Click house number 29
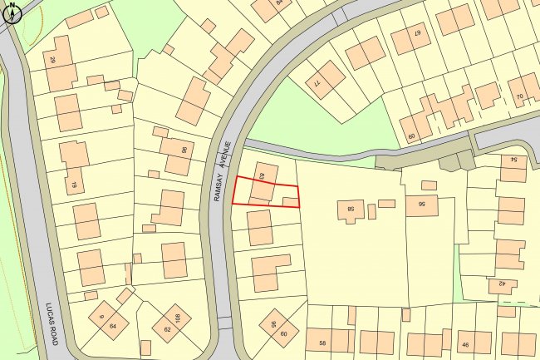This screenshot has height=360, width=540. [52, 61]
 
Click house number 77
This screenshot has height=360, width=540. [317, 83]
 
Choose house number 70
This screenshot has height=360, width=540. [519, 96]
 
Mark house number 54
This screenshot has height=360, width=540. [514, 158]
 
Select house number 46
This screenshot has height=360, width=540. [464, 345]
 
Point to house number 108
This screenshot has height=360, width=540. [176, 315]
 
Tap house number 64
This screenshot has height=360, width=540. [112, 326]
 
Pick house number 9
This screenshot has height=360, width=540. [101, 316]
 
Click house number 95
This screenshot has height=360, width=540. [272, 325]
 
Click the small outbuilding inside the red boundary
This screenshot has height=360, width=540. [288, 200]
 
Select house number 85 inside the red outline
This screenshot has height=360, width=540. [261, 176]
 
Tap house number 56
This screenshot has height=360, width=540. [421, 202]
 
